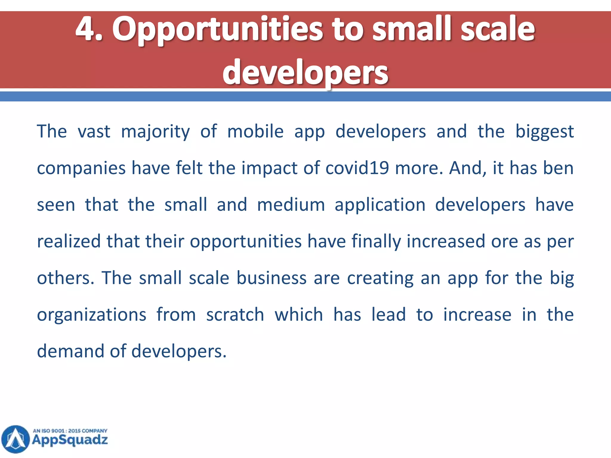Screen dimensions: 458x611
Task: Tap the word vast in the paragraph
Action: pyautogui.click(x=94, y=131)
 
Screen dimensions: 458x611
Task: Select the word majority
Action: pyautogui.click(x=155, y=132)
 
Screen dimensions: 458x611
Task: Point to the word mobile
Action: pyautogui.click(x=255, y=131)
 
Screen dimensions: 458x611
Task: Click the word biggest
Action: pyautogui.click(x=544, y=132)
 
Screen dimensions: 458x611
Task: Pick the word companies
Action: pyautogui.click(x=81, y=168)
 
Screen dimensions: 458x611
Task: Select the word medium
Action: pyautogui.click(x=291, y=205)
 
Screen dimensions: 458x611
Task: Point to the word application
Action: pyautogui.click(x=380, y=205)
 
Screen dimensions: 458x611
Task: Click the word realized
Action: pyautogui.click(x=69, y=241)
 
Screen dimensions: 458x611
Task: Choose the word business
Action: pyautogui.click(x=271, y=278)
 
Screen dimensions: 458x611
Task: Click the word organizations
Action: pyautogui.click(x=92, y=315)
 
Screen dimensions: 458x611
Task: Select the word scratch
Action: pyautogui.click(x=235, y=315)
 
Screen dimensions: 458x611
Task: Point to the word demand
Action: pyautogui.click(x=70, y=351)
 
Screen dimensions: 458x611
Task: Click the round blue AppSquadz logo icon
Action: pyautogui.click(x=16, y=439)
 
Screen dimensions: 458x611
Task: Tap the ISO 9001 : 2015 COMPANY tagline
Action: pyautogui.click(x=70, y=431)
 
